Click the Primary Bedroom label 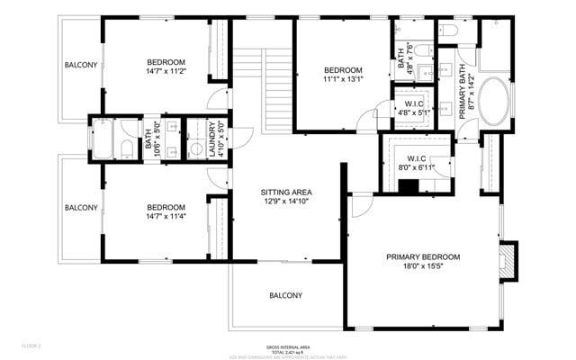423,257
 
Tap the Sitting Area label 286,193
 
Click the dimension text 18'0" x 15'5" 423,268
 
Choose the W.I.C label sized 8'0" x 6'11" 415,167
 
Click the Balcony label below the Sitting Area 286,296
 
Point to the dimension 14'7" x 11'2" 166,73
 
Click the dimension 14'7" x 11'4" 166,216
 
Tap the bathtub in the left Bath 102,140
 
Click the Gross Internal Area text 288,347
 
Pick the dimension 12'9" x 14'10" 286,202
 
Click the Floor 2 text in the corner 32,346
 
